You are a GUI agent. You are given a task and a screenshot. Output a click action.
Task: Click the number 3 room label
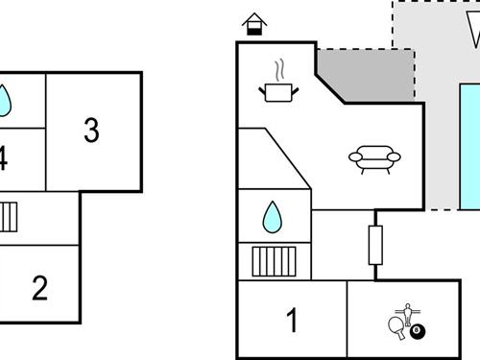[x=91, y=130]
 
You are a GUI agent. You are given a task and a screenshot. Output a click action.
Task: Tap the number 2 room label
[x=39, y=288]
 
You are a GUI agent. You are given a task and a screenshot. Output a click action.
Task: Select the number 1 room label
[x=293, y=318]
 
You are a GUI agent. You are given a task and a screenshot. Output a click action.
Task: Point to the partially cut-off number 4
[x=4, y=159]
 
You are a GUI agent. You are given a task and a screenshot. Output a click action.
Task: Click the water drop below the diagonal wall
[x=273, y=218]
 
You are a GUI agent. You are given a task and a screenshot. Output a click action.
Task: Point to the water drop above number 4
[x=5, y=100]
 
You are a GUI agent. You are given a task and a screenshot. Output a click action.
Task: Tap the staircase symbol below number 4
[x=9, y=218]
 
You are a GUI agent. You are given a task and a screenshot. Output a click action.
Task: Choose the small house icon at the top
[x=254, y=24]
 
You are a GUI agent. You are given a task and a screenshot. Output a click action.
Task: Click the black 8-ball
[x=418, y=331]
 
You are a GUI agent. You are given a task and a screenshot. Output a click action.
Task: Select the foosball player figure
[x=407, y=314]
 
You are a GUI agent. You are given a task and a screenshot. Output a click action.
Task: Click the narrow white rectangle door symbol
[x=375, y=245]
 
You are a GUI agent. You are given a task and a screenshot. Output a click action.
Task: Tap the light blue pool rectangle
[x=469, y=144]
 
